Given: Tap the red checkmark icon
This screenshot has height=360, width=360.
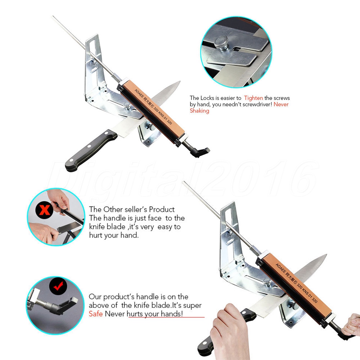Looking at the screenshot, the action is [58, 286].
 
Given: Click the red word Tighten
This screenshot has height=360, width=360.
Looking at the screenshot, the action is [253, 98].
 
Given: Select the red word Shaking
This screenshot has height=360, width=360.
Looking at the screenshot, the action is [199, 111].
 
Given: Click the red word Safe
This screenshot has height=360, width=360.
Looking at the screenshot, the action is [95, 314].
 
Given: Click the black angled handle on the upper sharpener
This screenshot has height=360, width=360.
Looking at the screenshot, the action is [199, 152].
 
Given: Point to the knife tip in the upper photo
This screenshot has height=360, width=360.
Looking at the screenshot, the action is [180, 81].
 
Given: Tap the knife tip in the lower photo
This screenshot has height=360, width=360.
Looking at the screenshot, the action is [326, 255].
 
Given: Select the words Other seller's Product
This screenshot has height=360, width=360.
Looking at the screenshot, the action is [139, 210].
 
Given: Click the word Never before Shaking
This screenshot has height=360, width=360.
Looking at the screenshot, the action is [281, 104].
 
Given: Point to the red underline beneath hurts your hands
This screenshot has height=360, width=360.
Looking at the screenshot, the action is [166, 318].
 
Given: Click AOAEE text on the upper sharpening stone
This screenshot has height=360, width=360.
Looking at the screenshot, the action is [139, 94].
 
